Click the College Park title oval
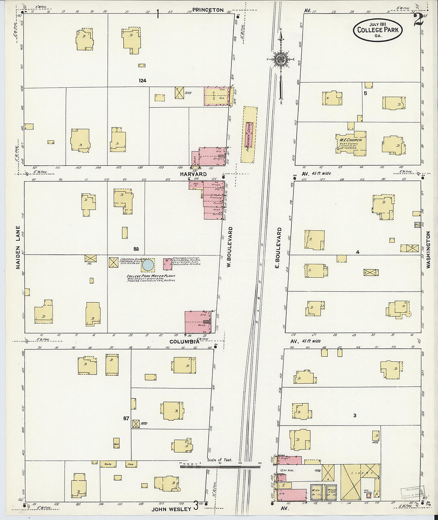tap(377, 30)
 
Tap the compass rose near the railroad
tap(280, 59)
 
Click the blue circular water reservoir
tap(148, 264)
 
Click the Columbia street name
tap(184, 341)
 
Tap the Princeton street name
tap(208, 10)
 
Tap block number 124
tap(143, 80)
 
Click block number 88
tap(136, 249)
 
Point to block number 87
tap(126, 418)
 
